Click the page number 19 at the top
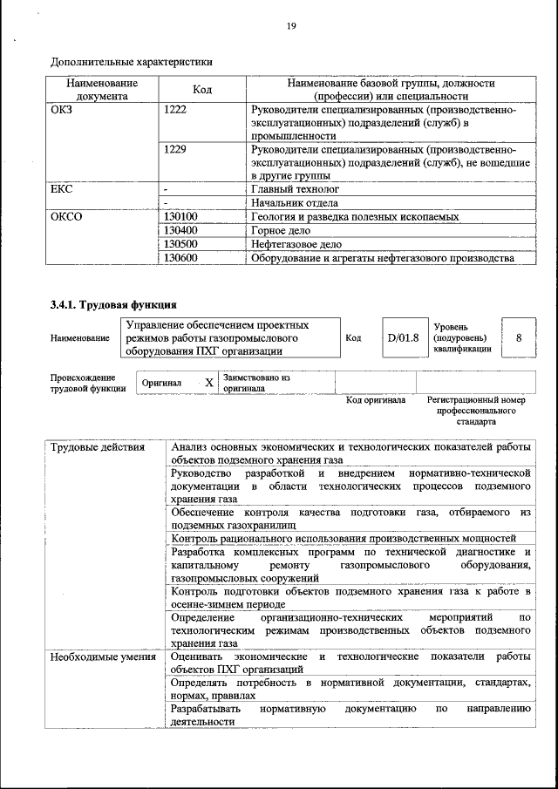pos(290,26)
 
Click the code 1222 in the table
pos(175,111)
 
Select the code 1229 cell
pos(175,149)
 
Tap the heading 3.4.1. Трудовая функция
pos(114,305)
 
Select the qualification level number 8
pos(520,337)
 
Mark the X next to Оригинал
pos(208,383)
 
